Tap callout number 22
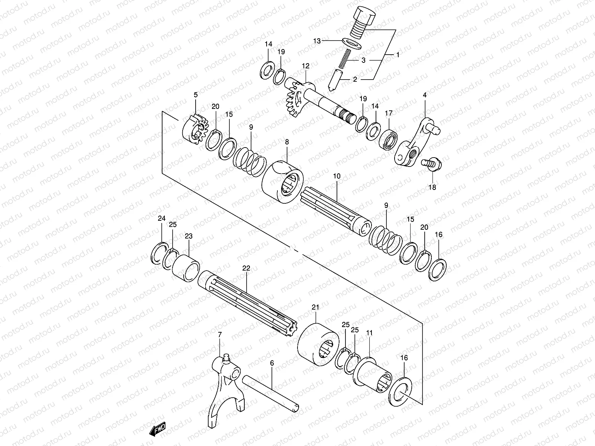click(x=246, y=268)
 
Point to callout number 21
click(x=316, y=307)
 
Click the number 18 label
click(x=432, y=187)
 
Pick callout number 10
click(x=337, y=176)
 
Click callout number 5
click(x=196, y=95)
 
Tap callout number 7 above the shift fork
click(x=220, y=335)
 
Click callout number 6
click(x=272, y=363)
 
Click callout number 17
click(x=389, y=113)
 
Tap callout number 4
click(x=425, y=95)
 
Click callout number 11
click(x=369, y=333)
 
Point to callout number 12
click(x=306, y=66)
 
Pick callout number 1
click(x=398, y=54)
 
